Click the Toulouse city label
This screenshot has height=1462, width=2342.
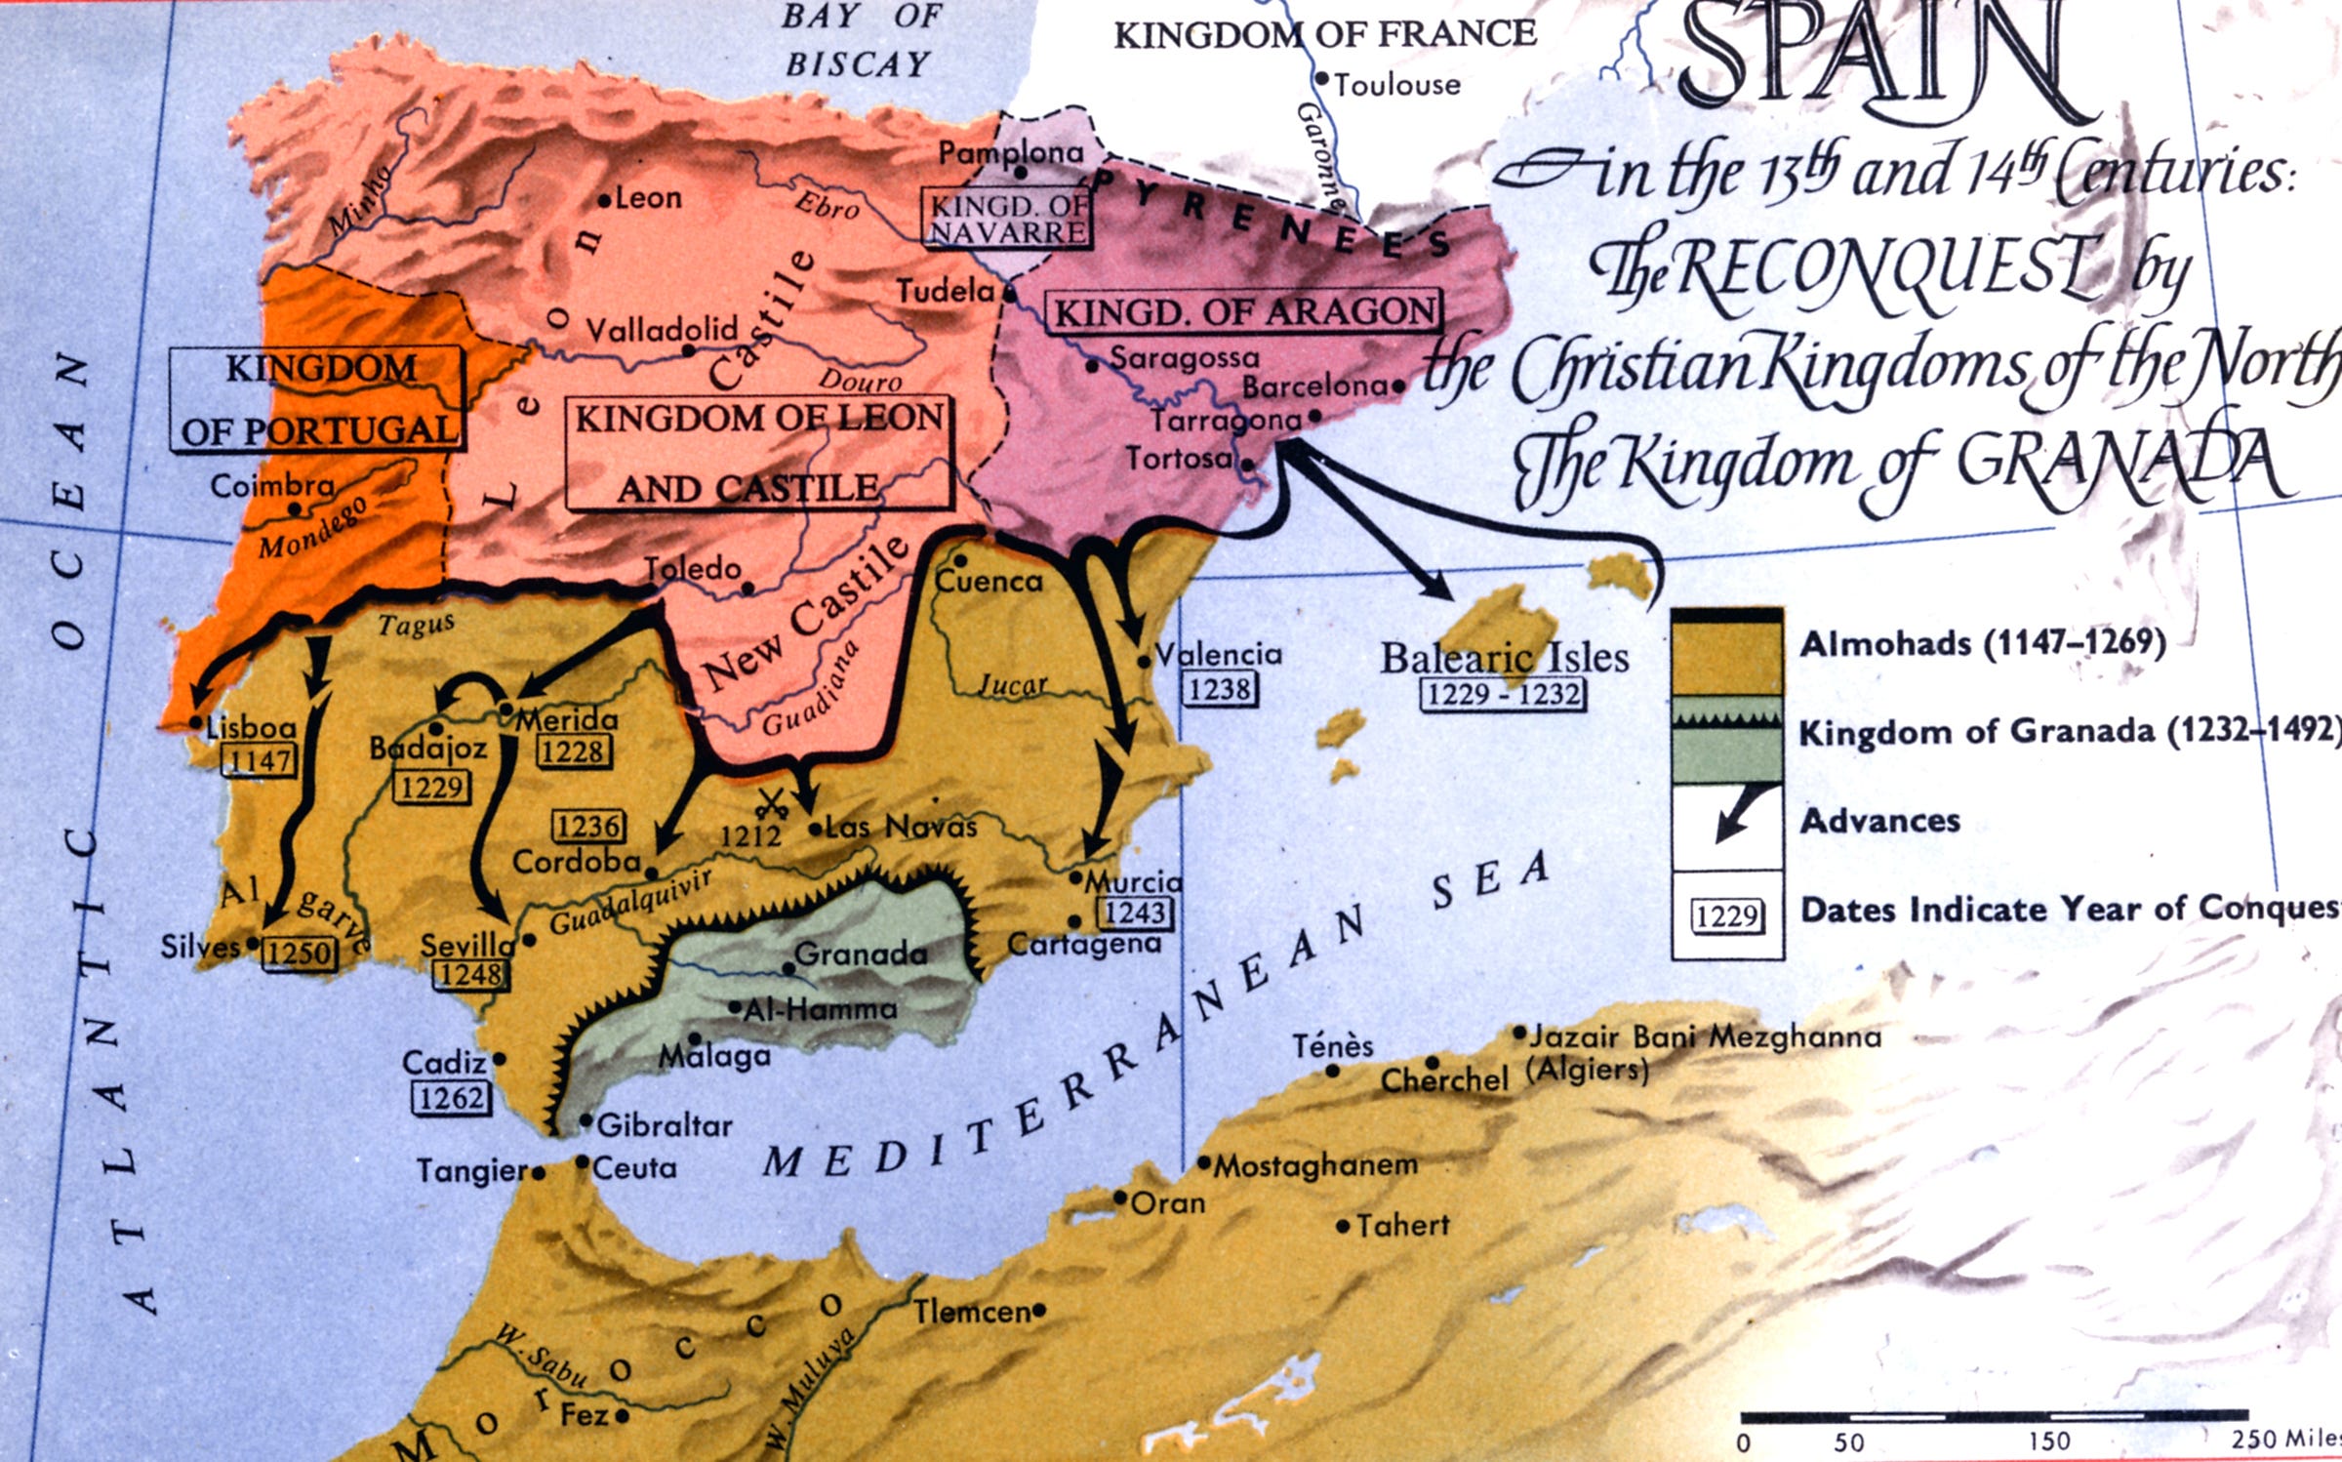[1396, 85]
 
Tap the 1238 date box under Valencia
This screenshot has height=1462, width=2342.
[1220, 689]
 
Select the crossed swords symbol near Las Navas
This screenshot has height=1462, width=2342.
[772, 805]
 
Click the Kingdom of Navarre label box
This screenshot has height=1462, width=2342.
[1007, 219]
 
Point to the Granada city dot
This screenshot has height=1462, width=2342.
[788, 968]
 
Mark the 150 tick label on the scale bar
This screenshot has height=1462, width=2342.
[2048, 1441]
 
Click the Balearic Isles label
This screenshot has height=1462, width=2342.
[1504, 657]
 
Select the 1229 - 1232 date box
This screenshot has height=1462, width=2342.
[1503, 694]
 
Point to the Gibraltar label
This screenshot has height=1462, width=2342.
[664, 1125]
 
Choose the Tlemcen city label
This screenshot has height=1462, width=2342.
[972, 1312]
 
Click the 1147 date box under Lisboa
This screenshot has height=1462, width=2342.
[259, 759]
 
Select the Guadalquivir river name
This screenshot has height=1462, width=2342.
[630, 901]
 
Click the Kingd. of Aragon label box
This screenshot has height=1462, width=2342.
[1245, 311]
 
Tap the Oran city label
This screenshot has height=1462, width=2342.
[1167, 1202]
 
